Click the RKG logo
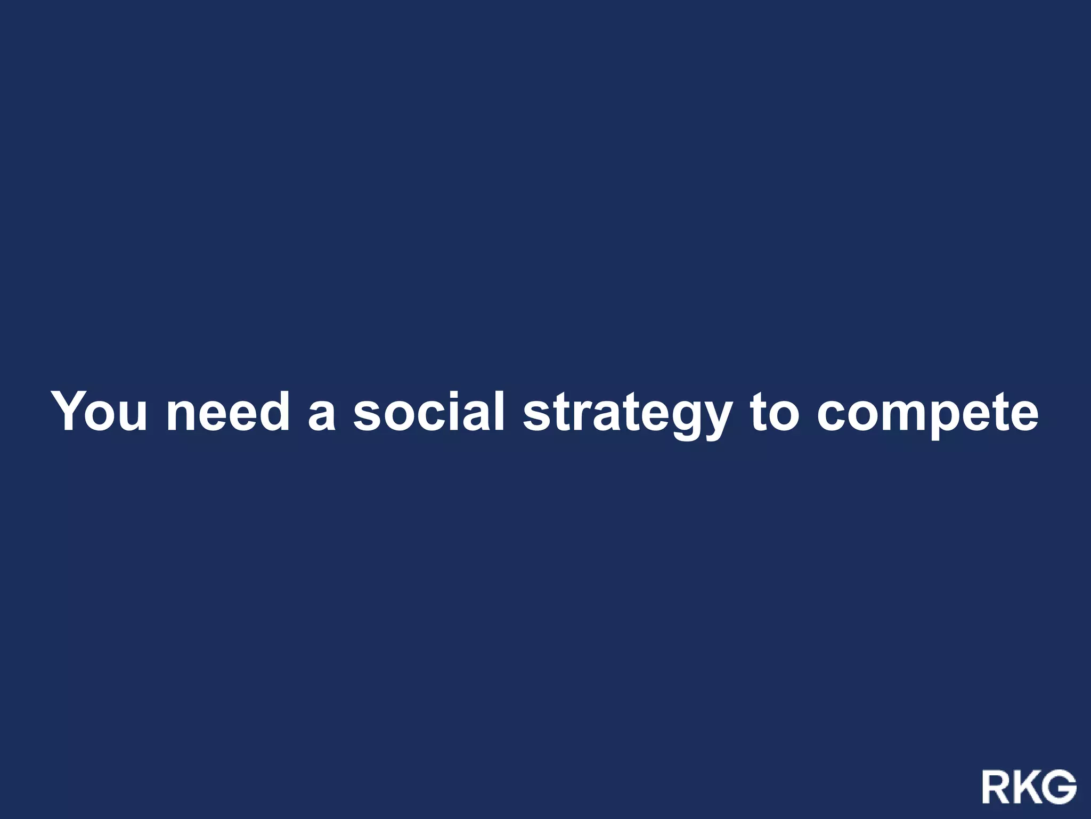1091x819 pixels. [x=1029, y=786]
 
